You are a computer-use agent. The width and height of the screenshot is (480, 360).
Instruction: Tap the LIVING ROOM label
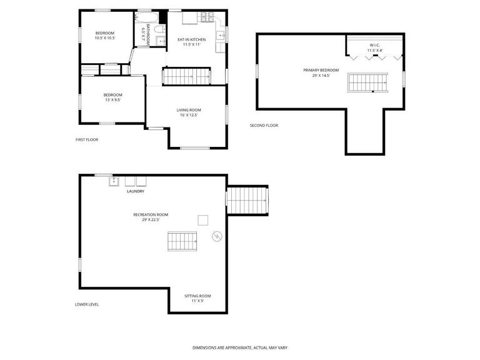(189, 110)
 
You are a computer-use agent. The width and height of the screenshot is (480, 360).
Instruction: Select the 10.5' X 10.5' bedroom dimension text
(105, 37)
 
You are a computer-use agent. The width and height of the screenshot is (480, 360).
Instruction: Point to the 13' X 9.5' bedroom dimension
(112, 99)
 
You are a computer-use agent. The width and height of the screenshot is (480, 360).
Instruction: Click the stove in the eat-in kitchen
(206, 17)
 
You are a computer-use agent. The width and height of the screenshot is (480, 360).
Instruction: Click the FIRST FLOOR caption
(87, 139)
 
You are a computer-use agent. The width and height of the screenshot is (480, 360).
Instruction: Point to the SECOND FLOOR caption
(264, 125)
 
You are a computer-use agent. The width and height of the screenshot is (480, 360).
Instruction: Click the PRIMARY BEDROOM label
(321, 70)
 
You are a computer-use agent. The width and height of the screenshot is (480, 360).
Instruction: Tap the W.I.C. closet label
(375, 45)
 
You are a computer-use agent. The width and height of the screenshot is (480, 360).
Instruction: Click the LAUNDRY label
(136, 191)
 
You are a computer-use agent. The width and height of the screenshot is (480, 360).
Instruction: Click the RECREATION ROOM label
(151, 214)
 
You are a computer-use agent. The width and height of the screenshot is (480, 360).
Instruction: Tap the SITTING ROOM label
(197, 296)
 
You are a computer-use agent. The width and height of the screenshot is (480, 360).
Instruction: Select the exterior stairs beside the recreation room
(247, 200)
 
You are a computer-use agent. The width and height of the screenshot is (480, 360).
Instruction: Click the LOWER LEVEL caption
(87, 304)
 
